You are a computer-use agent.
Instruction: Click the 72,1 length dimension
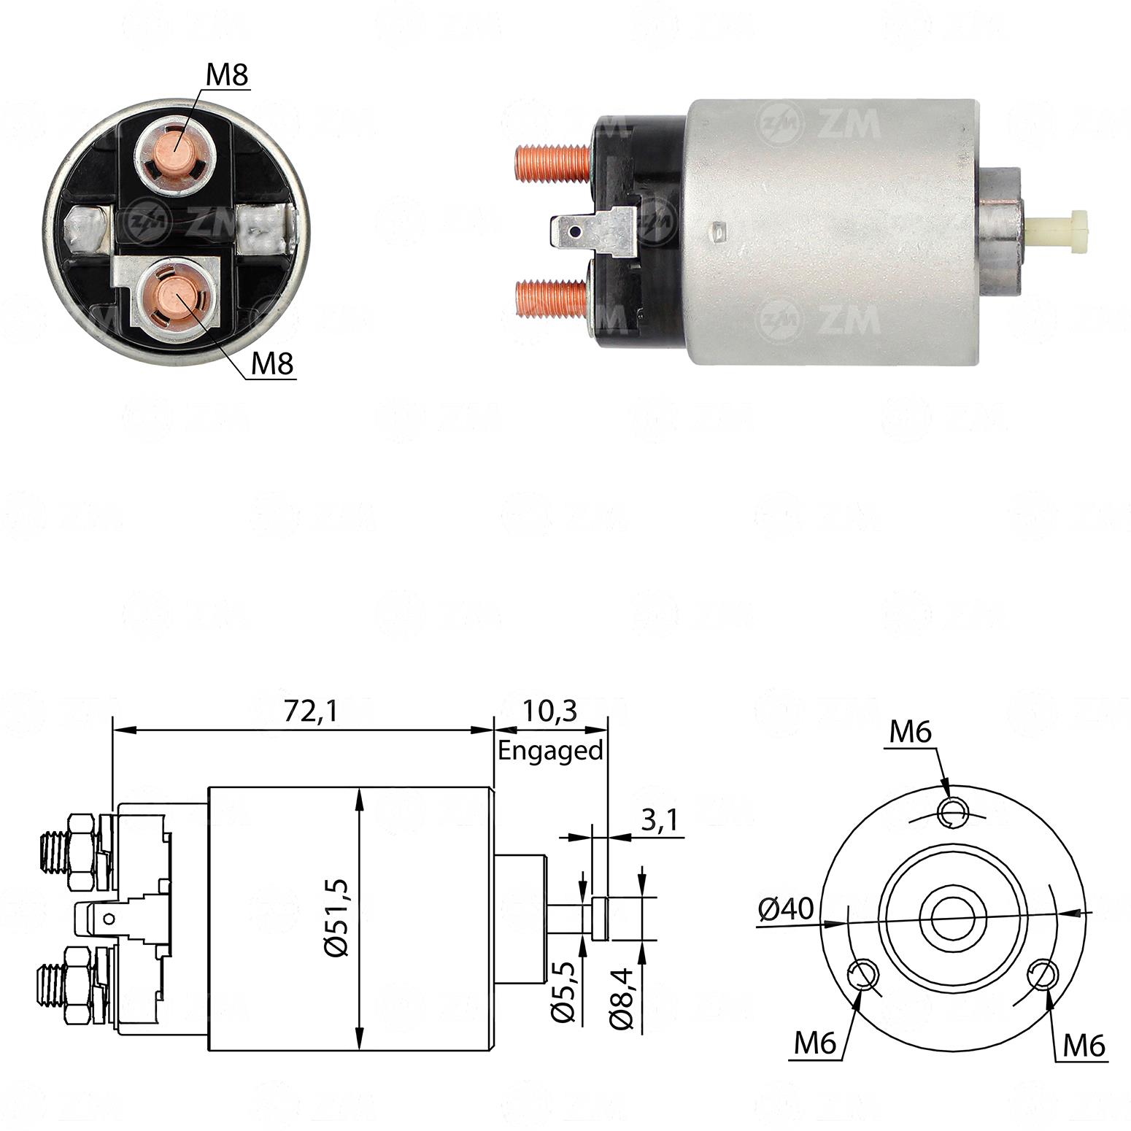point(310,711)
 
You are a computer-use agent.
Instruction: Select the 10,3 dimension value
point(550,710)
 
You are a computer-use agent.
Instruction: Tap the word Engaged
point(550,750)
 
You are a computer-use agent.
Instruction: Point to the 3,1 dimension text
point(660,820)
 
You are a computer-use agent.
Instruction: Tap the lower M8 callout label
point(272,364)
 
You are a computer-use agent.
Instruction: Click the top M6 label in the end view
point(910,731)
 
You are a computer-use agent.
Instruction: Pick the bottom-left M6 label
point(815,1044)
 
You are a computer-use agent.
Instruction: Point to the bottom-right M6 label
point(1084,1046)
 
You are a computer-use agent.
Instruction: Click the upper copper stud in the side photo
point(552,162)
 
